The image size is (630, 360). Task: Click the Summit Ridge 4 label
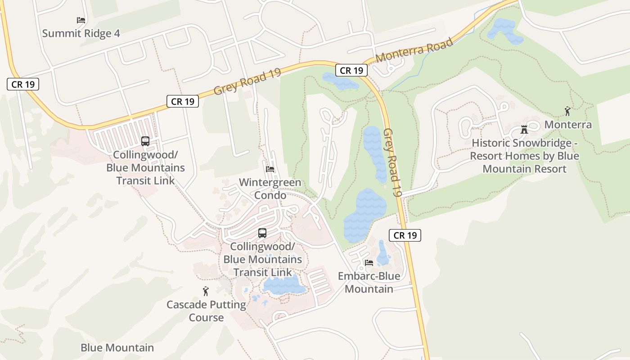click(x=81, y=33)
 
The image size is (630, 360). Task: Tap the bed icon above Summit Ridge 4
click(x=81, y=20)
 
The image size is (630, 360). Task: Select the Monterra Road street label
click(x=414, y=51)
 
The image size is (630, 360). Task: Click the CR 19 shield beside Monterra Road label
click(x=351, y=70)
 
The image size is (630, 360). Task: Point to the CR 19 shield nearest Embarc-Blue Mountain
click(x=405, y=235)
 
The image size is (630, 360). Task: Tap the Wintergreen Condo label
click(x=270, y=189)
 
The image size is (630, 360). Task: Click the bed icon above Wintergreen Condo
click(x=270, y=169)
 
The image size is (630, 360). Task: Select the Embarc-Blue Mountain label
click(x=369, y=282)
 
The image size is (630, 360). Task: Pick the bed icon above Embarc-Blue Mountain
click(x=369, y=263)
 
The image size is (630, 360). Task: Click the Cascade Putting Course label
click(x=206, y=311)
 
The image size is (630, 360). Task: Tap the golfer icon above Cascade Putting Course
click(x=206, y=291)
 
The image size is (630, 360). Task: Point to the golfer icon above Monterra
click(x=567, y=111)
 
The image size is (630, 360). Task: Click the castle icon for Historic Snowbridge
click(x=524, y=130)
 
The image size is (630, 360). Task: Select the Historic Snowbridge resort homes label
click(x=524, y=156)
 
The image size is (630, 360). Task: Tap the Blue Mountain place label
click(x=117, y=348)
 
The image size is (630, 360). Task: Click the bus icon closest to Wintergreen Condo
click(x=262, y=233)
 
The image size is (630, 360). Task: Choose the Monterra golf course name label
click(x=568, y=125)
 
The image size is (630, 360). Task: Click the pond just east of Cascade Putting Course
click(x=283, y=285)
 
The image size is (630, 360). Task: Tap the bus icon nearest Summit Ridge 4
click(x=145, y=141)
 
